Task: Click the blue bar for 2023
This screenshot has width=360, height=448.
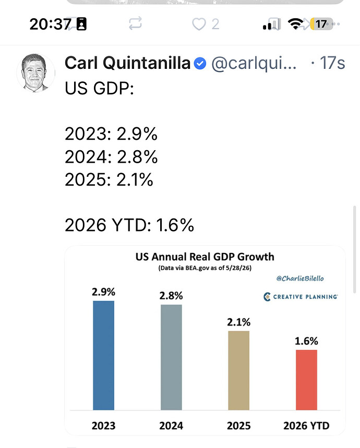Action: [103, 356]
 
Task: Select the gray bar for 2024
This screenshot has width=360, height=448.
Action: [171, 357]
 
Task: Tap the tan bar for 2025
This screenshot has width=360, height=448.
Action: [238, 371]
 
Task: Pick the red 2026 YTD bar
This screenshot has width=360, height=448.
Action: [306, 380]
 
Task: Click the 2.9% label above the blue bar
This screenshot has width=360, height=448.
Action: [103, 292]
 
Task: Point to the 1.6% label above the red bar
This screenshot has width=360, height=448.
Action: [306, 341]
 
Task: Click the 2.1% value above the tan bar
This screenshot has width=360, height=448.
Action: [238, 322]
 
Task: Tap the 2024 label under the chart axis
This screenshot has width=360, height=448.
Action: [171, 426]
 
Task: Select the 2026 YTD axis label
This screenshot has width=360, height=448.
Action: [306, 426]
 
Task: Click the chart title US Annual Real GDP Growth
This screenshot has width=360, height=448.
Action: [205, 257]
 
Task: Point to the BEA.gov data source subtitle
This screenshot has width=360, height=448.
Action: [205, 268]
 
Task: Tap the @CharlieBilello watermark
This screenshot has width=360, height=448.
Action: [300, 279]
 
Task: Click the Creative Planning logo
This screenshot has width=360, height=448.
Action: [301, 297]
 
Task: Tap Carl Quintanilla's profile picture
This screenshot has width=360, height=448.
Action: [35, 72]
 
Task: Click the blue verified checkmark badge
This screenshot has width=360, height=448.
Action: [200, 63]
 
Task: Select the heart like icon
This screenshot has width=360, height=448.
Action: [199, 24]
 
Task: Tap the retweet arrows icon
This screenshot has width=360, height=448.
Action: [135, 23]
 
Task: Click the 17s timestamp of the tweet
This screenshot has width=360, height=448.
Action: [332, 63]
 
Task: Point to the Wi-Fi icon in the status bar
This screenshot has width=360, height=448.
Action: [295, 23]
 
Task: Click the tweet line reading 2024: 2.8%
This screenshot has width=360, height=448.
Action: [111, 156]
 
